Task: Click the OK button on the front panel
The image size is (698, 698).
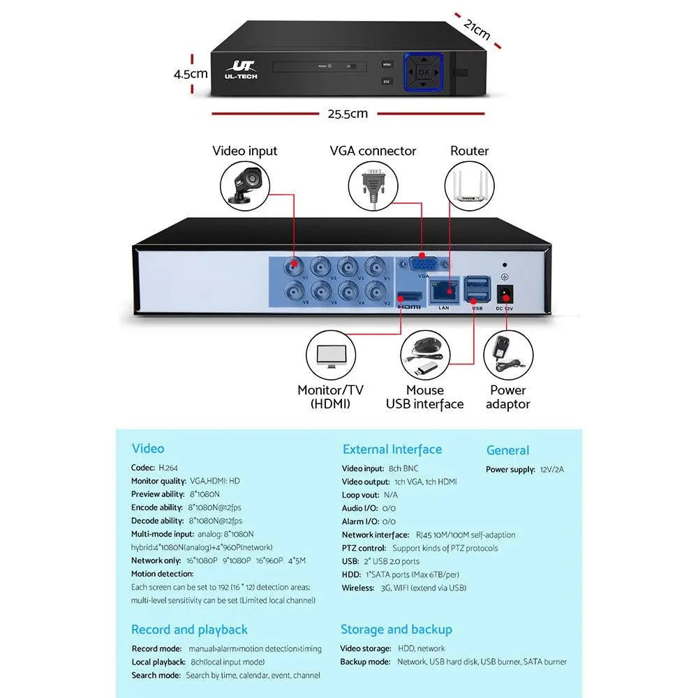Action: coord(424,71)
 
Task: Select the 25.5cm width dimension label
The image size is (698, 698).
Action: coord(347,114)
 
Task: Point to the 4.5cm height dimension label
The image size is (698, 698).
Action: coord(191,73)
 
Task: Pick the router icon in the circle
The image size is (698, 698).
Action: coord(469,185)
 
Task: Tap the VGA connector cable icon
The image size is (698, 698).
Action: coord(373,185)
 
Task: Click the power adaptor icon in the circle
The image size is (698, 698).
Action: coord(507,355)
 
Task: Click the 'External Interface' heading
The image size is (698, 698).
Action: coord(392,450)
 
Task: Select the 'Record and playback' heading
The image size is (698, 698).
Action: coord(189,630)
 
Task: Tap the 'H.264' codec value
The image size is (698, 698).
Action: coord(169,468)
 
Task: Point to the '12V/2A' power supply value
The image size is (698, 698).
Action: coord(552,470)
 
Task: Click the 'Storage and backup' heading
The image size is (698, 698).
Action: coord(396,630)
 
